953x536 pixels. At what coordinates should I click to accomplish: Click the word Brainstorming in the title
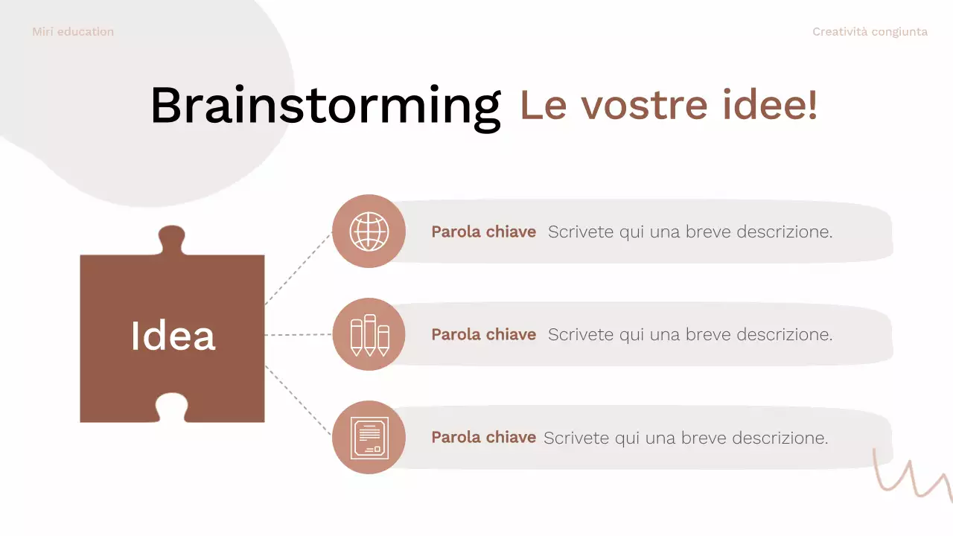click(x=325, y=106)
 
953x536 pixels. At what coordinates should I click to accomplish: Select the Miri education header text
click(x=73, y=32)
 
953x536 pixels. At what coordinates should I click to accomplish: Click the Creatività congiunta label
click(x=870, y=32)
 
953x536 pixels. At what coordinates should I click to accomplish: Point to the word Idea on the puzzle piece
click(x=173, y=336)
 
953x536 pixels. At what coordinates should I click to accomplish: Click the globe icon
click(x=369, y=232)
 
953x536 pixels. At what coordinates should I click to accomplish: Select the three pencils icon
click(x=369, y=335)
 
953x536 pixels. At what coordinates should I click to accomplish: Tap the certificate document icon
click(x=369, y=438)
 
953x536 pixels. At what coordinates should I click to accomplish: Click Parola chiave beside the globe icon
click(x=483, y=232)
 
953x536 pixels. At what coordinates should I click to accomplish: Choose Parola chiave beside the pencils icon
click(x=483, y=335)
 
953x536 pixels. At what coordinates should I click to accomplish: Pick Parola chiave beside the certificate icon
click(x=483, y=438)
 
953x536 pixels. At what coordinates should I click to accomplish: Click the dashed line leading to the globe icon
click(x=299, y=268)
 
